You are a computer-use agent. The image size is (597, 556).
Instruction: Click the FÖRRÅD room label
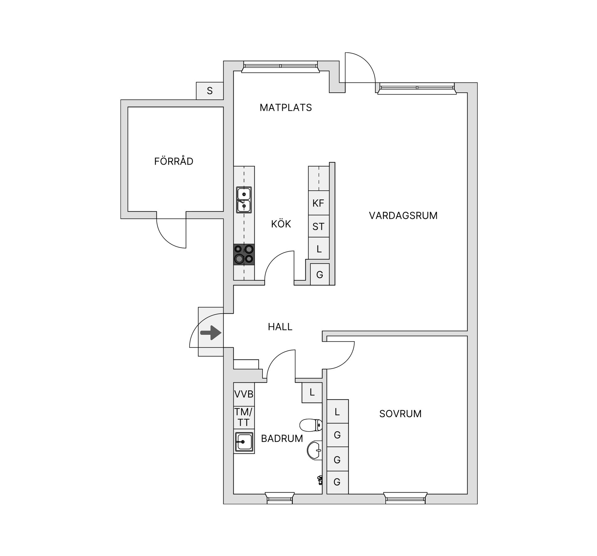click(x=174, y=161)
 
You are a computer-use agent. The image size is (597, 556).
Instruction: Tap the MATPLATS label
click(x=285, y=108)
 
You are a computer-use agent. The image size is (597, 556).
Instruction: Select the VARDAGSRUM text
click(x=403, y=216)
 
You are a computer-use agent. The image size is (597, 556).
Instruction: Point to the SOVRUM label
click(x=400, y=414)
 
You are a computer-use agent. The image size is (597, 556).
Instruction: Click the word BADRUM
click(x=282, y=439)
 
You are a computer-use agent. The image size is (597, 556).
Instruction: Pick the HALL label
click(x=280, y=327)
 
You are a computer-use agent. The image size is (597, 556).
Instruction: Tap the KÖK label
click(x=281, y=224)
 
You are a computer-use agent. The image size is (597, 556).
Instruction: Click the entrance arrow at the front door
click(x=211, y=333)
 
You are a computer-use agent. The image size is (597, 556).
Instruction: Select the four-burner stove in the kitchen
click(x=244, y=254)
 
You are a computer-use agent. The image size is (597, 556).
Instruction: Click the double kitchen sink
click(x=244, y=200)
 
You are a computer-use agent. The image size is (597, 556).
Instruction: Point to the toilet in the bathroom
click(x=311, y=425)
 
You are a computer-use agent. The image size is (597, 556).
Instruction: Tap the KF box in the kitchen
click(x=318, y=203)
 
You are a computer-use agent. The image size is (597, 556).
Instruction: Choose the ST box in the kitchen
click(x=318, y=227)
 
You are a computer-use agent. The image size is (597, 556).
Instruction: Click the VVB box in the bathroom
click(x=244, y=394)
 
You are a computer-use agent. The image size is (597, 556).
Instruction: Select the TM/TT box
click(x=244, y=417)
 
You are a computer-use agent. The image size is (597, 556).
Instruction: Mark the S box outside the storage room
click(x=210, y=91)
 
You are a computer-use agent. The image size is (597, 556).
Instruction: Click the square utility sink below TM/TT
click(x=244, y=442)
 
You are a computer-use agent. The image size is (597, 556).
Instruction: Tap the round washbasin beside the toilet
click(x=315, y=450)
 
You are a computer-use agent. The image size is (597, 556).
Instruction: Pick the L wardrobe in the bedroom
click(x=337, y=412)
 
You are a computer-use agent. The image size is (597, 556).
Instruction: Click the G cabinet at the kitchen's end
click(x=320, y=274)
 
